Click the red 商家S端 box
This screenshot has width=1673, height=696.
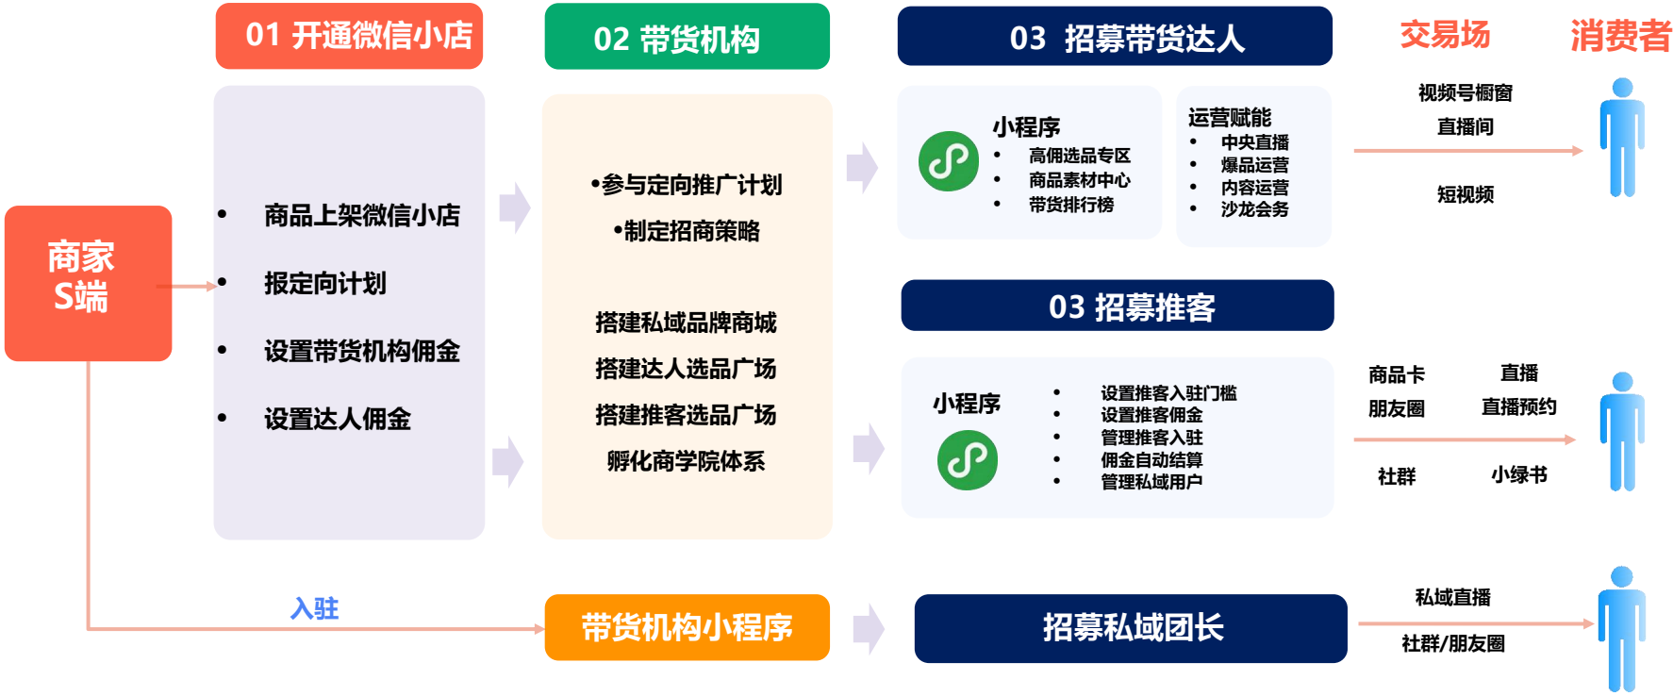click(88, 283)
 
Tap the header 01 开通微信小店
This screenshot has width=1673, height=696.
click(349, 36)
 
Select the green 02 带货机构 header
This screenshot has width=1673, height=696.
click(687, 37)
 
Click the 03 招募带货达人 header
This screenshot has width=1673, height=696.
click(1115, 37)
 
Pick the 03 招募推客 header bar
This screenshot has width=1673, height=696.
click(1118, 306)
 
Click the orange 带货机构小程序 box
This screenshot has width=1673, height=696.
click(687, 627)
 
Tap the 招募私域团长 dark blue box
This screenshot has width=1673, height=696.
click(1131, 628)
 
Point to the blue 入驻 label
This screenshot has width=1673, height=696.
click(314, 608)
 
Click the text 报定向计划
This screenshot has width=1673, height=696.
click(325, 283)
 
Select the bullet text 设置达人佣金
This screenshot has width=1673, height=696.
click(338, 419)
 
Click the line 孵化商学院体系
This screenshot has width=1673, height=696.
click(686, 461)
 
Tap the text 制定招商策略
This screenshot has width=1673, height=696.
click(691, 231)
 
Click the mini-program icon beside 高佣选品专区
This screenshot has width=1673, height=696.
click(949, 161)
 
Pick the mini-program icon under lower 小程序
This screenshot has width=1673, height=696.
click(968, 460)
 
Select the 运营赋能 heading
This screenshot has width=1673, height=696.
click(1230, 117)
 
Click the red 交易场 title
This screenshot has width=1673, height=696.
click(1445, 35)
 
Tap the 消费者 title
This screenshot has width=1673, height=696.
click(1620, 36)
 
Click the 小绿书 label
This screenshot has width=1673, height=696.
click(1519, 475)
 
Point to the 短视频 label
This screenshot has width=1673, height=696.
click(1466, 194)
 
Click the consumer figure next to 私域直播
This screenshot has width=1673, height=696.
click(1622, 628)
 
